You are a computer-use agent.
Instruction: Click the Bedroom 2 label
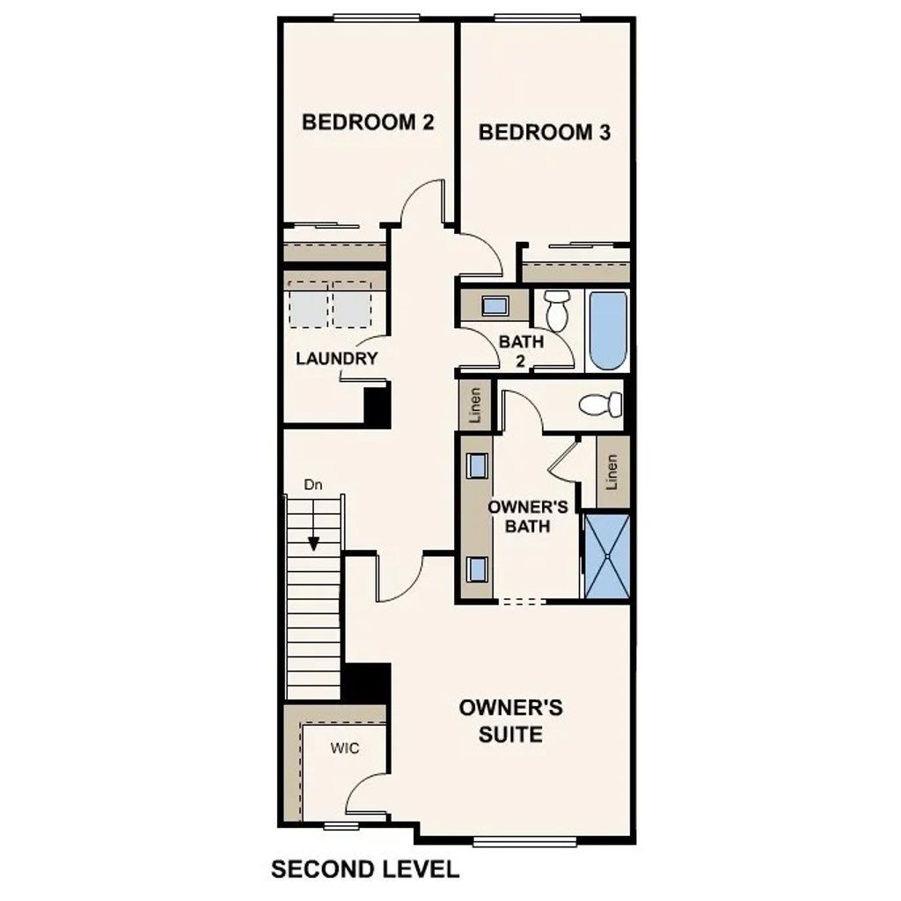tap(368, 121)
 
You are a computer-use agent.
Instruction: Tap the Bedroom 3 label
tap(544, 132)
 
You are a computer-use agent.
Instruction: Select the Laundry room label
tap(336, 358)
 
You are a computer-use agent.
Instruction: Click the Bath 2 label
tap(521, 350)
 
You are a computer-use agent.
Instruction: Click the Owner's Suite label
tap(510, 721)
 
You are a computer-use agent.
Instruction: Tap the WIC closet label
tap(345, 748)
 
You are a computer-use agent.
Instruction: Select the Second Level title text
tap(364, 869)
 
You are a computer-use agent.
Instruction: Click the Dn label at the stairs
tap(313, 485)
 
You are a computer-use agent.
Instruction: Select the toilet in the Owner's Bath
tap(599, 406)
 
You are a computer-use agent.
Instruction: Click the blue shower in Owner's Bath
tap(607, 556)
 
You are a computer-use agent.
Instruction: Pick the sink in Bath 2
tap(494, 306)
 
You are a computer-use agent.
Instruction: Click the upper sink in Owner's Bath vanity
tap(478, 465)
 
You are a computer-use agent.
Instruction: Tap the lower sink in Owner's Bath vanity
tap(478, 568)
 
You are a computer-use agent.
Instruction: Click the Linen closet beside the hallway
tap(475, 406)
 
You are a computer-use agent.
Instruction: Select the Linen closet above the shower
tap(612, 472)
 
